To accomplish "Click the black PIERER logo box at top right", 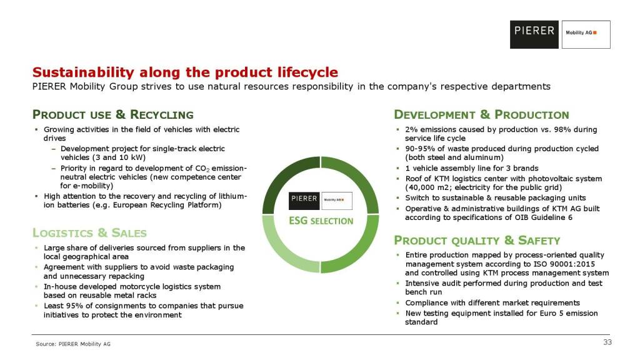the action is [x=534, y=35].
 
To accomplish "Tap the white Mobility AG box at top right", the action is [x=586, y=35].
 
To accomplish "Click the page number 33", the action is [x=607, y=342].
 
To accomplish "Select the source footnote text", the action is [x=73, y=344].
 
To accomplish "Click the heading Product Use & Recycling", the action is [x=112, y=115].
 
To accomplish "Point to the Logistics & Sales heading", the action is [x=89, y=233].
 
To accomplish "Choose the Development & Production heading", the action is [x=481, y=115].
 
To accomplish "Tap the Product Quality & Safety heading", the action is [x=477, y=241].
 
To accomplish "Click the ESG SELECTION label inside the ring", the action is [x=321, y=221].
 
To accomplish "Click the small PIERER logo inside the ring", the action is [x=304, y=201].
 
